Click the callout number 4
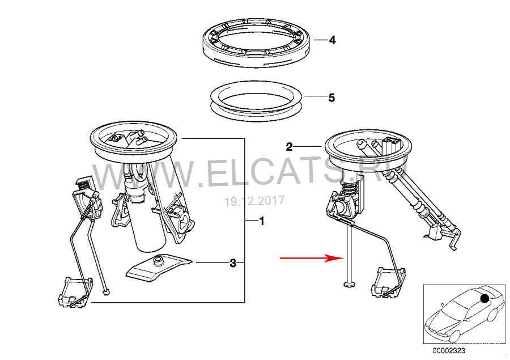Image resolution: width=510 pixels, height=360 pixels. (332, 40)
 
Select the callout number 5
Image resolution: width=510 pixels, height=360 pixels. (331, 98)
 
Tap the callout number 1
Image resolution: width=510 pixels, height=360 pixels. (262, 222)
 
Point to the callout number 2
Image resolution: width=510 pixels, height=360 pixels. (289, 147)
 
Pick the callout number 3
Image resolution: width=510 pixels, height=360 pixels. (233, 263)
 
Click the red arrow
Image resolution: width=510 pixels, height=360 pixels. (312, 258)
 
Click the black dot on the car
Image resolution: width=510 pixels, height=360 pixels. (485, 298)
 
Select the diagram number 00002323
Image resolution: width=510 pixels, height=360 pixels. (449, 350)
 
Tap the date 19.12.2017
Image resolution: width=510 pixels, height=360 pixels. (254, 201)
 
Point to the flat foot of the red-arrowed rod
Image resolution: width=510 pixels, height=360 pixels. (350, 285)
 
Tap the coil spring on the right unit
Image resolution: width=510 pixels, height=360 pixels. (349, 188)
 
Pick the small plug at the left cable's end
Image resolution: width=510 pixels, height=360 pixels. (107, 292)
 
